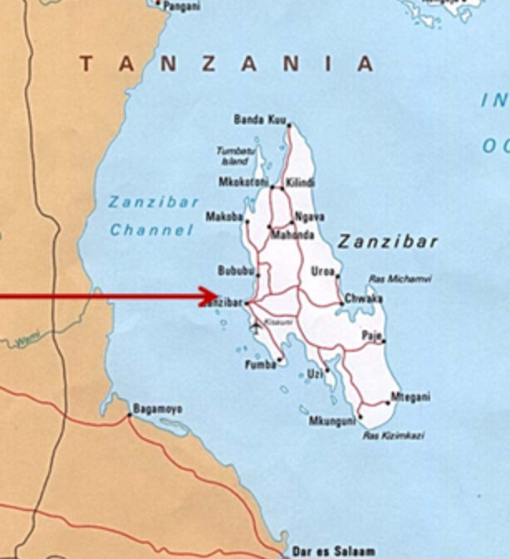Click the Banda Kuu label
(260, 120)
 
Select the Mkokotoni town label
(243, 182)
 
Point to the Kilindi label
(300, 182)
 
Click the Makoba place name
(224, 217)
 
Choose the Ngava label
(310, 217)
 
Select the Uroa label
(322, 271)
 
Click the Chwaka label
(364, 299)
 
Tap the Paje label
(370, 336)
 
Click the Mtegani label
(410, 397)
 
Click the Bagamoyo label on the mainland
(157, 410)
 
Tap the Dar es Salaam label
(332, 551)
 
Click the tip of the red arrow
(218, 296)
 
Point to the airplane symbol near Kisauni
(255, 325)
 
